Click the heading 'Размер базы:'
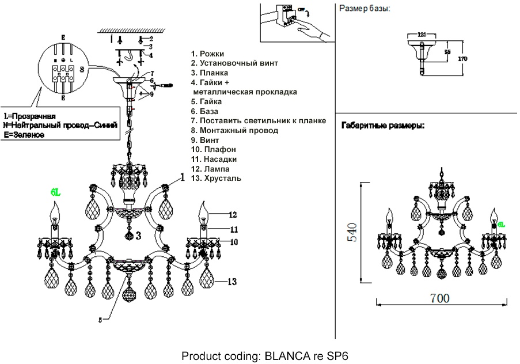364,9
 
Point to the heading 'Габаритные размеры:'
383,125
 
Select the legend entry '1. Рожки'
208,54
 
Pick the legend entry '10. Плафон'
213,150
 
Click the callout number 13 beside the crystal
231,282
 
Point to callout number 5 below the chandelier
100,320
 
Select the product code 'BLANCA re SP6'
307,355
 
